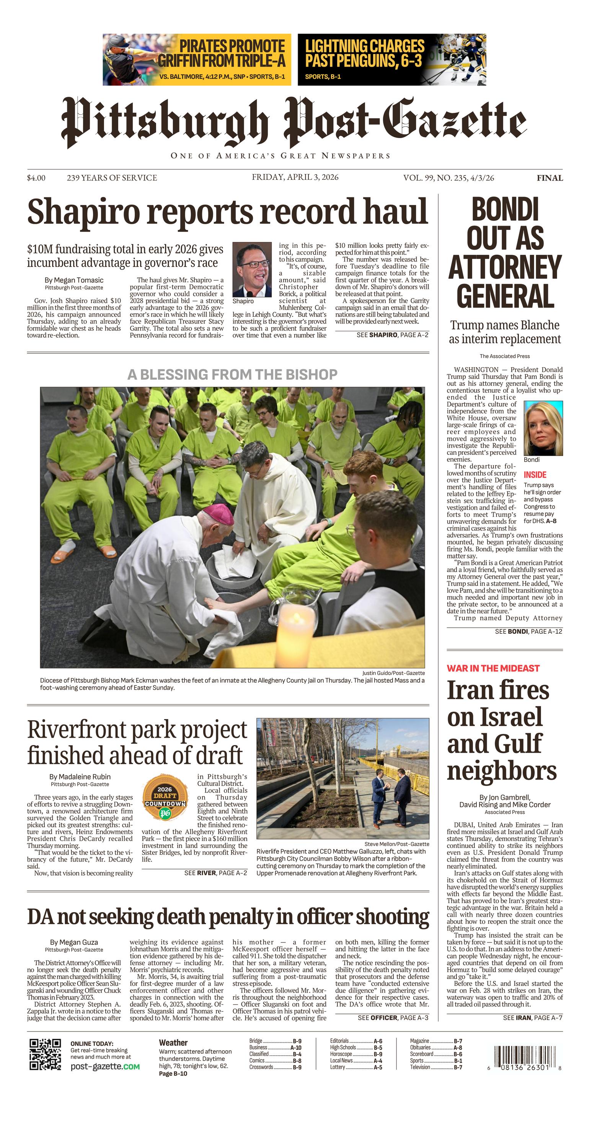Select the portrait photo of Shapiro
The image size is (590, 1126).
252,269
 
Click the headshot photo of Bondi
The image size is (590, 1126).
543,428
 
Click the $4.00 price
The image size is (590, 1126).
36,178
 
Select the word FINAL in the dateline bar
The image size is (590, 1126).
550,178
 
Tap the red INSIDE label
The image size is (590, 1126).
535,474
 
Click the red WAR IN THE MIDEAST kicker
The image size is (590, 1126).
493,668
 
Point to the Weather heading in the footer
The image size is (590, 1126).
173,1043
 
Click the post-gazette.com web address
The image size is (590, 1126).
105,1067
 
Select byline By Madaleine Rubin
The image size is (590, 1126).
80,777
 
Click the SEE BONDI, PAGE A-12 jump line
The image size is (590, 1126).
528,631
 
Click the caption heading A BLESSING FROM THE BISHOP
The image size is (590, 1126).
232,374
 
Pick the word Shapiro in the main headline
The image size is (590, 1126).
85,212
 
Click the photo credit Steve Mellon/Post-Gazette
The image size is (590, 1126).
397,844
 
